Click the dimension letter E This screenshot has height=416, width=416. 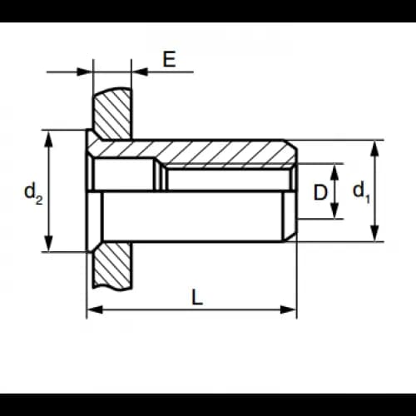(169, 59)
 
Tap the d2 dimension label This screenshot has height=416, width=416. (33, 193)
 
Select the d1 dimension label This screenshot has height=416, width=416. (361, 192)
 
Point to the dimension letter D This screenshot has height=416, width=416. (320, 192)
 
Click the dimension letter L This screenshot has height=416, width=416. (197, 297)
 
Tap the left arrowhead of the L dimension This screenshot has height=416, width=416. (94, 310)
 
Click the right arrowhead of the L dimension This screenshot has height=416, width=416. (289, 310)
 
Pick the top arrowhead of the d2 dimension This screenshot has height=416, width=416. (49, 139)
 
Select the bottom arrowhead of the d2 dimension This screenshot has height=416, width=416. (49, 244)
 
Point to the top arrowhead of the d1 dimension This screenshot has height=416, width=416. (375, 149)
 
